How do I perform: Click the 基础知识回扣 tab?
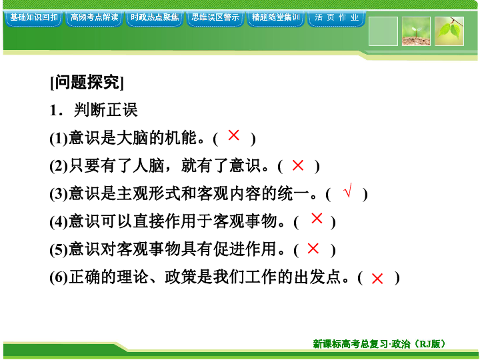pyautogui.click(x=33, y=19)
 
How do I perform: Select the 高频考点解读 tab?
pyautogui.click(x=94, y=19)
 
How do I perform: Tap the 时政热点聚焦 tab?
pyautogui.click(x=155, y=19)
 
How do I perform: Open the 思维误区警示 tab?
pyautogui.click(x=215, y=19)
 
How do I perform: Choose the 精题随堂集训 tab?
pyautogui.click(x=276, y=19)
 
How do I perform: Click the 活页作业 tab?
pyautogui.click(x=337, y=19)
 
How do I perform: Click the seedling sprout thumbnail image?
pyautogui.click(x=416, y=31)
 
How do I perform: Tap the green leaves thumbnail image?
pyautogui.click(x=449, y=31)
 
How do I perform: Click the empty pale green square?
pyautogui.click(x=383, y=31)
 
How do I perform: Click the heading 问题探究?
pyautogui.click(x=87, y=82)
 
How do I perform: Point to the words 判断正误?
pyautogui.click(x=105, y=110)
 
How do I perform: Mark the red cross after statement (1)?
pyautogui.click(x=233, y=135)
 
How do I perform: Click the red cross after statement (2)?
pyautogui.click(x=298, y=165)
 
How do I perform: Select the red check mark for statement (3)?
pyautogui.click(x=348, y=190)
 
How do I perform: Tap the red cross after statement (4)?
pyautogui.click(x=317, y=218)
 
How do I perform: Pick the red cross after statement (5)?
pyautogui.click(x=313, y=248)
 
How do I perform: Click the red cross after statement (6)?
pyautogui.click(x=377, y=279)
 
